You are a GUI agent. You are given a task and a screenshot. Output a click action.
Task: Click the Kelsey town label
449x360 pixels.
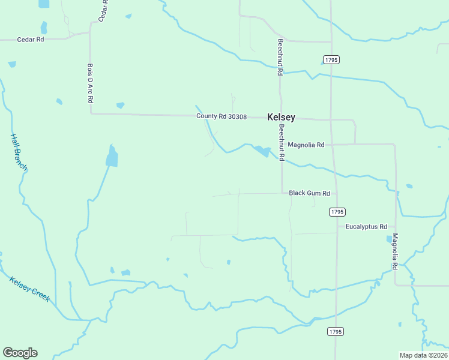click(281, 117)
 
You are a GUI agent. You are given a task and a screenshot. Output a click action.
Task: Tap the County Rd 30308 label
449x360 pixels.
click(221, 116)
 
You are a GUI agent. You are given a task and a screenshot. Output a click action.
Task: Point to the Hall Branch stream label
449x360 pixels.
click(19, 152)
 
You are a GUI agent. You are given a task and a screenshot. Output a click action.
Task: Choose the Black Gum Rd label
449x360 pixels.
click(309, 193)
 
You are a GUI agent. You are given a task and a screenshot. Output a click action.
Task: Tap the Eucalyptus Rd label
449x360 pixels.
click(366, 226)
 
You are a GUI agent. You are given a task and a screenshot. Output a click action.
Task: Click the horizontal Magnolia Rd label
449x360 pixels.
click(306, 145)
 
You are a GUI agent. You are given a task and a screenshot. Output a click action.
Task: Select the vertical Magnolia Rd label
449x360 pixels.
click(395, 251)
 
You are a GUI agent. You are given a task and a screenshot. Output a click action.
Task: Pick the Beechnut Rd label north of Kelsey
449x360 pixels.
click(280, 57)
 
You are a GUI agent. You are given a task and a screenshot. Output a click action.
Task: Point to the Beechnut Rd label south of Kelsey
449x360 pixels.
click(280, 142)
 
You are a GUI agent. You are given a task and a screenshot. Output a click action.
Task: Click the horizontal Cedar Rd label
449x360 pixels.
click(31, 40)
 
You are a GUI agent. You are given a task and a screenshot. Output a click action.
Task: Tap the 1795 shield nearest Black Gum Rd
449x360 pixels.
click(337, 212)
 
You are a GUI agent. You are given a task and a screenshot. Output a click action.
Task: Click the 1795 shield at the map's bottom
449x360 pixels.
click(335, 331)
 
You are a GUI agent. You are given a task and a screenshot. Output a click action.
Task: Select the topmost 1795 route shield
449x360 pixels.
click(331, 59)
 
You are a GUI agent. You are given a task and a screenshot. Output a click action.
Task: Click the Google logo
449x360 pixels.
click(20, 353)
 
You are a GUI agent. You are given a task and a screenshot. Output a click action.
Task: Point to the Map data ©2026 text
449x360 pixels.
click(423, 355)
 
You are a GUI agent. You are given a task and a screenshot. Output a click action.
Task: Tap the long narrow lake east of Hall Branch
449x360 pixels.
click(112, 156)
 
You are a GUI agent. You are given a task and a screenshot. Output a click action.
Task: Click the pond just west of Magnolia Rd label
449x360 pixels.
click(262, 151)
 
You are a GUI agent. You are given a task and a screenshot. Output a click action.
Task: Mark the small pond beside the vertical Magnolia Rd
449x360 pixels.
click(389, 239)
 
